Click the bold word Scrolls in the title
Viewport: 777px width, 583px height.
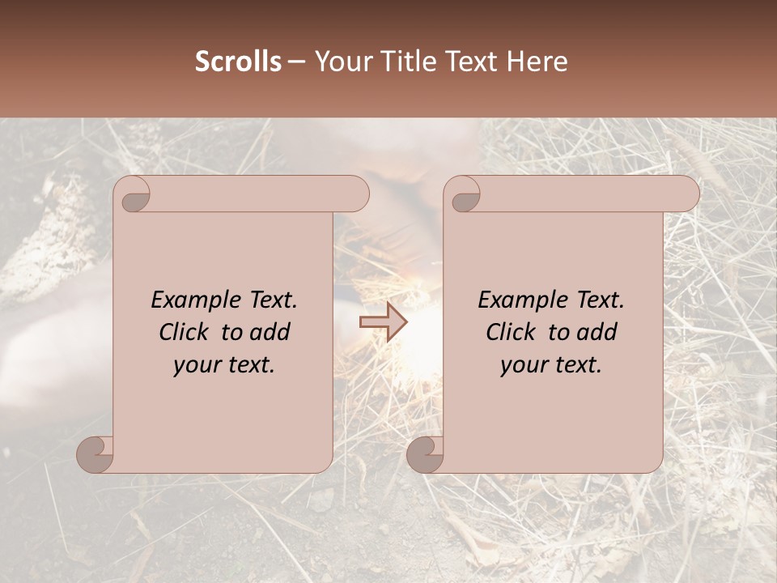[238, 62]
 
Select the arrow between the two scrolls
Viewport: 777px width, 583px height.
[384, 322]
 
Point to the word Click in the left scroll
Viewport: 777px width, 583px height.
[187, 332]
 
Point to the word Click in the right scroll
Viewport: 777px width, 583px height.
[514, 332]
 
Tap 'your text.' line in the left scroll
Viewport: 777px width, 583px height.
[224, 364]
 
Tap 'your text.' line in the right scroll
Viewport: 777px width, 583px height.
[551, 364]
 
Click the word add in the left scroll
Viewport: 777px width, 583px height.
[270, 332]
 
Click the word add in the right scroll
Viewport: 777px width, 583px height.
[597, 332]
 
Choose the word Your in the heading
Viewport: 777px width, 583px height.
[340, 62]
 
